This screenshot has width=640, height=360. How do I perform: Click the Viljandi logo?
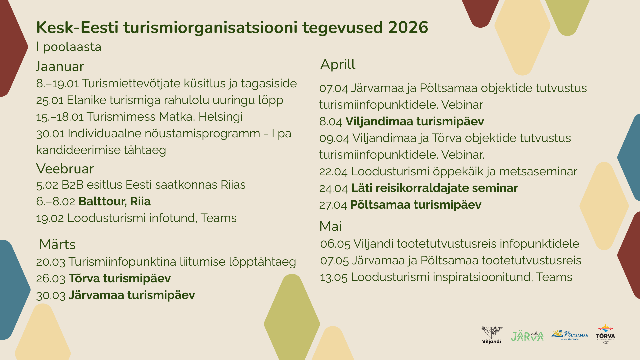point(491,335)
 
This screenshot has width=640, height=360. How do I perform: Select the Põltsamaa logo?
point(570,335)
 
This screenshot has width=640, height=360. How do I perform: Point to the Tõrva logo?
point(605,334)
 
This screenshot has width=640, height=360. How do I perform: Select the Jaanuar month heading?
point(60,66)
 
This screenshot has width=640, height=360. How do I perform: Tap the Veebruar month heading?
point(65,169)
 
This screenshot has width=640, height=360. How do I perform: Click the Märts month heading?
point(57,244)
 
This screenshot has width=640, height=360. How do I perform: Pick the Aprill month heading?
point(338,64)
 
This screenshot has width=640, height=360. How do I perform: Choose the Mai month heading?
point(331,226)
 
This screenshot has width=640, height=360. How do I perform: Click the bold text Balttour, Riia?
point(115,201)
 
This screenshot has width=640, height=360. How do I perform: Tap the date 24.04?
point(334,188)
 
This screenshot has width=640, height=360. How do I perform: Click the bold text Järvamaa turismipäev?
point(132,295)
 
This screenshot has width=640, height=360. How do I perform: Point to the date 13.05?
point(334,277)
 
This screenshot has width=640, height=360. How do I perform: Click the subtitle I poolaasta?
point(69,47)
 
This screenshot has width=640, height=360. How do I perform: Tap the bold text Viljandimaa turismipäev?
point(415,121)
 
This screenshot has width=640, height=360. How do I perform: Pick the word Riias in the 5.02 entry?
point(233,185)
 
